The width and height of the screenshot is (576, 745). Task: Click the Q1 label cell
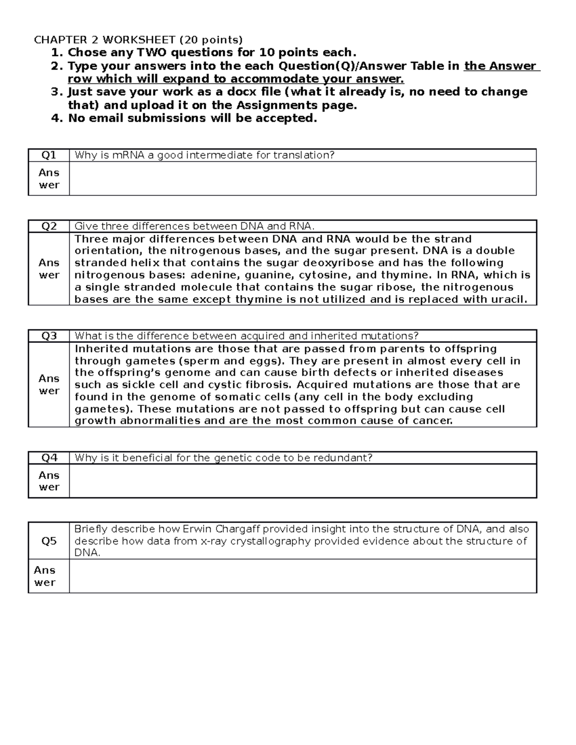pyautogui.click(x=48, y=155)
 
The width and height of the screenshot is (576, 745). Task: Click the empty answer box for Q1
pyautogui.click(x=302, y=178)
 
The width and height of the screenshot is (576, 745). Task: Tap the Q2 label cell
pyautogui.click(x=48, y=226)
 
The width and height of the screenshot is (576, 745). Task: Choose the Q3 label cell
pyautogui.click(x=48, y=336)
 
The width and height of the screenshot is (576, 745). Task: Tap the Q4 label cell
pyautogui.click(x=48, y=458)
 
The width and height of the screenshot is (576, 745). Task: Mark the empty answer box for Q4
pyautogui.click(x=302, y=481)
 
